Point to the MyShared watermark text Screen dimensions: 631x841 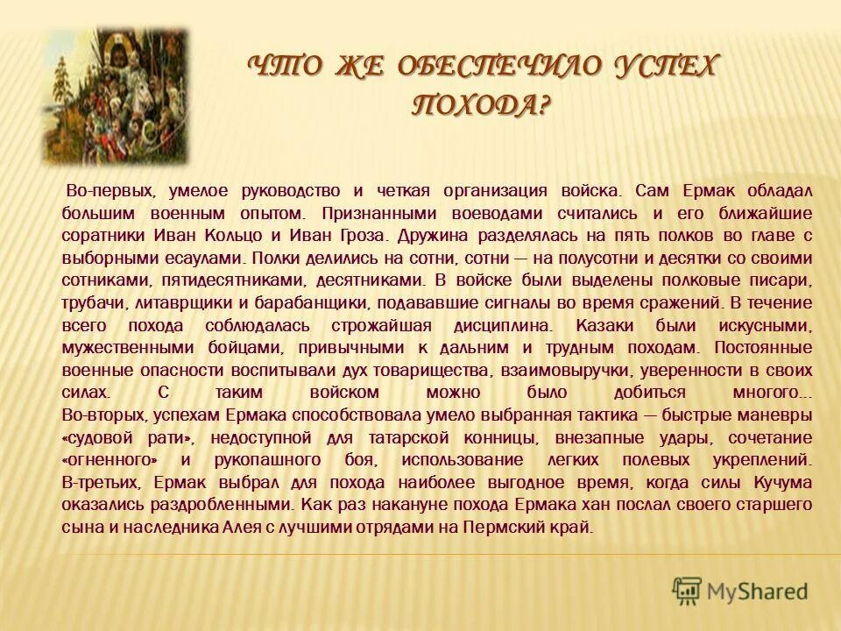(x=756, y=591)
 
